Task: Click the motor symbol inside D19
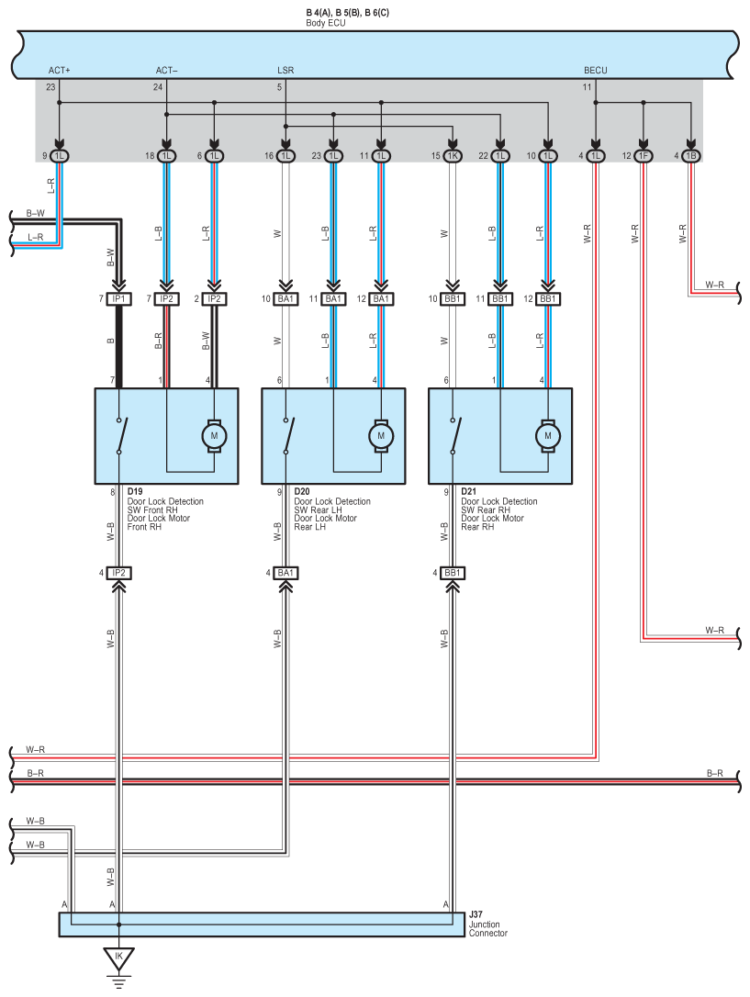click(x=214, y=436)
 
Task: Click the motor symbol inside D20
click(x=381, y=436)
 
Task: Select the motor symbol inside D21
click(x=548, y=436)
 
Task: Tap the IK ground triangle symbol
click(x=118, y=958)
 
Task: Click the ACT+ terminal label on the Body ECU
click(x=59, y=71)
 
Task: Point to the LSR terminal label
click(x=285, y=71)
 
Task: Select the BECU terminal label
click(x=596, y=71)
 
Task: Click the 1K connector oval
click(x=453, y=156)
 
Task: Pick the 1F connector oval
click(x=644, y=156)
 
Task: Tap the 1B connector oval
click(x=691, y=156)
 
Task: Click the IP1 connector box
click(x=118, y=299)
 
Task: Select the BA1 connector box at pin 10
click(x=285, y=299)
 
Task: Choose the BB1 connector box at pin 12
click(x=548, y=299)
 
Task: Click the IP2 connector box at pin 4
click(x=118, y=573)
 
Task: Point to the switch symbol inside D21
click(x=455, y=436)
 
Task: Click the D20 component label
click(x=302, y=491)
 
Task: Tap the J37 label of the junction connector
click(x=476, y=914)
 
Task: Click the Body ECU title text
click(x=325, y=23)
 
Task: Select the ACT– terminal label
click(x=166, y=71)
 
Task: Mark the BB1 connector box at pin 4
click(x=453, y=573)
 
